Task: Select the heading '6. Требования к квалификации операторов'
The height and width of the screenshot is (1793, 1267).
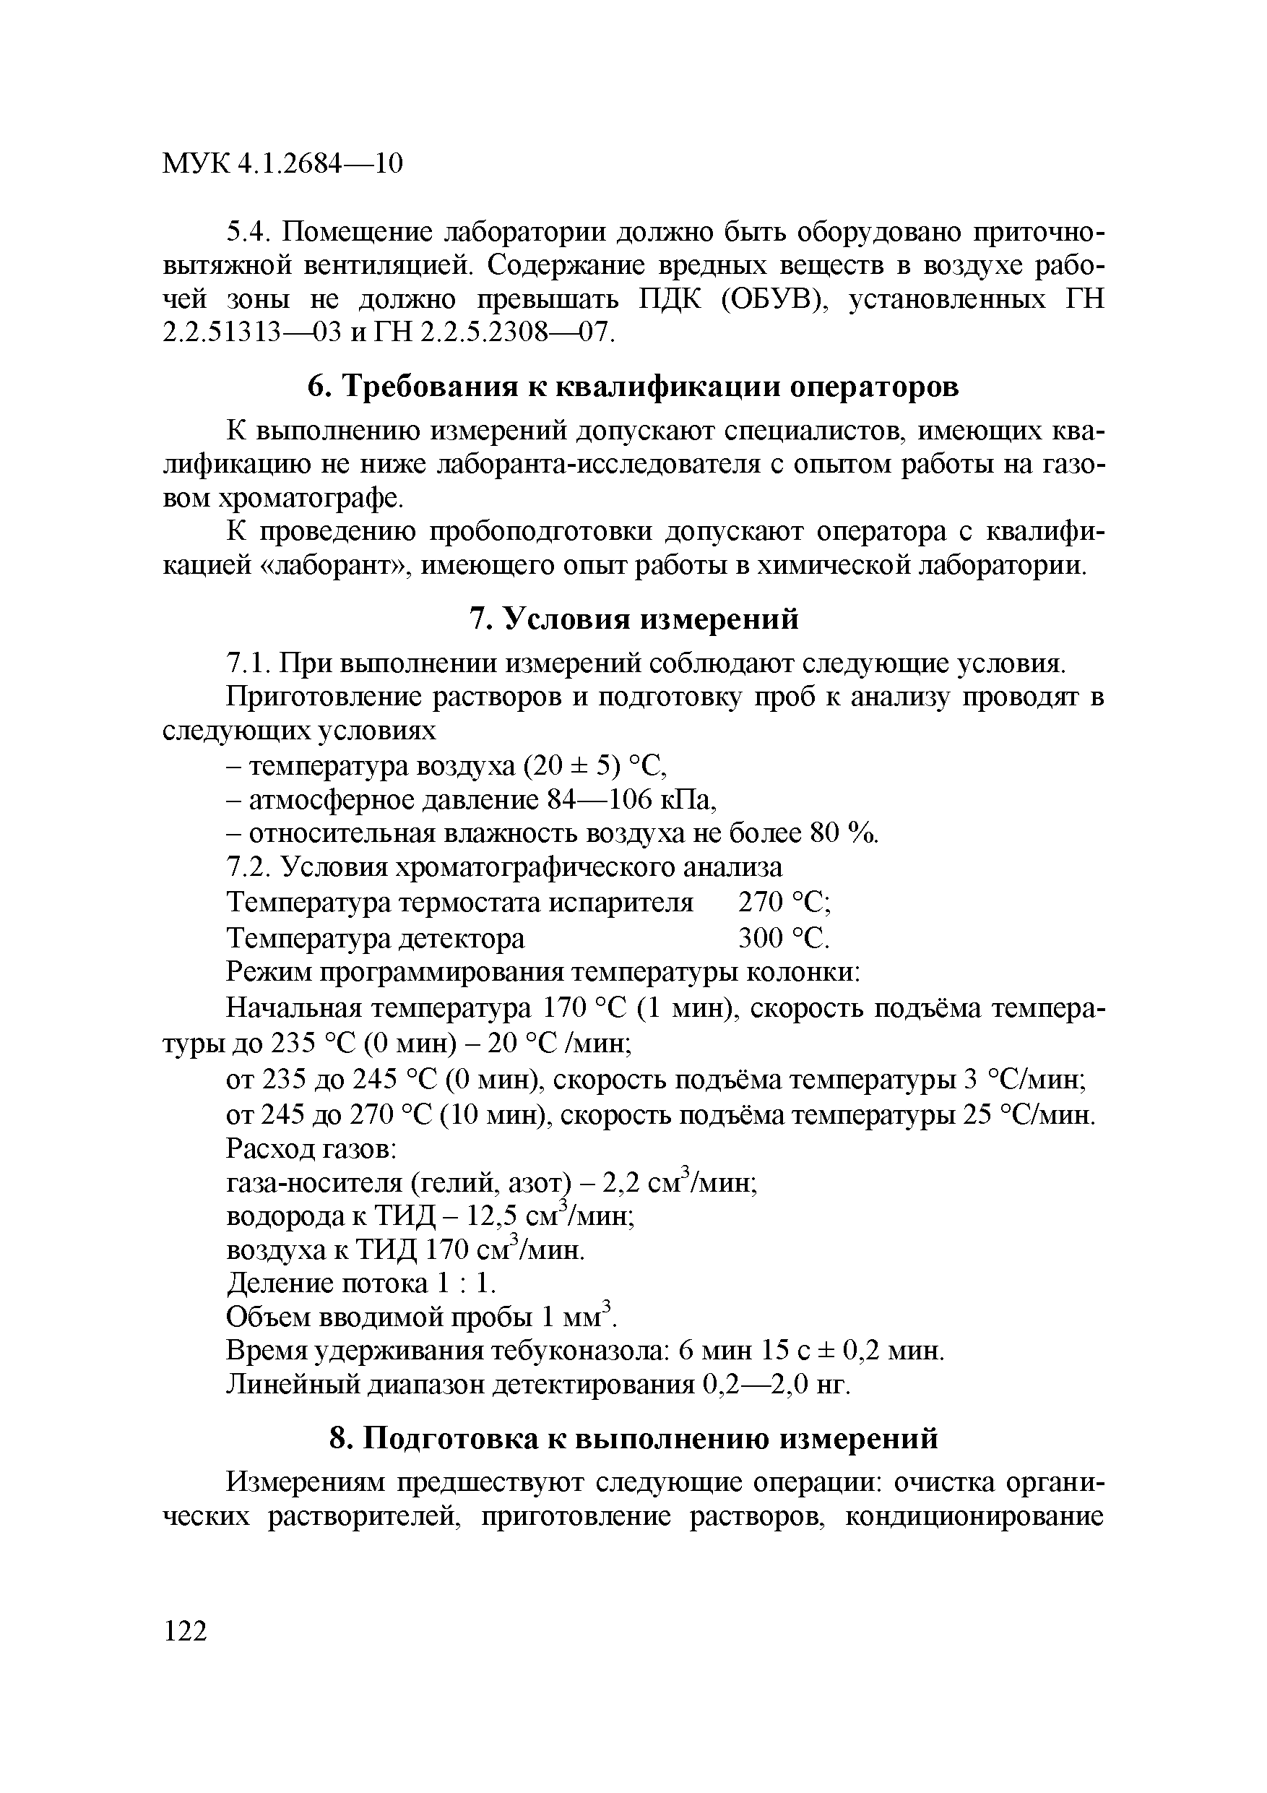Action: coord(633,387)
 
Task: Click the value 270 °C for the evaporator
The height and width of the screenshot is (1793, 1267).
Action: coord(784,903)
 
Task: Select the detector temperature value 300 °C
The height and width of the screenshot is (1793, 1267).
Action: coord(784,937)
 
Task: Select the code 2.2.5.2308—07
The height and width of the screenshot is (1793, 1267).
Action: coord(516,333)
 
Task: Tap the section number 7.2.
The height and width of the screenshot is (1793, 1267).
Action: coord(248,868)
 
